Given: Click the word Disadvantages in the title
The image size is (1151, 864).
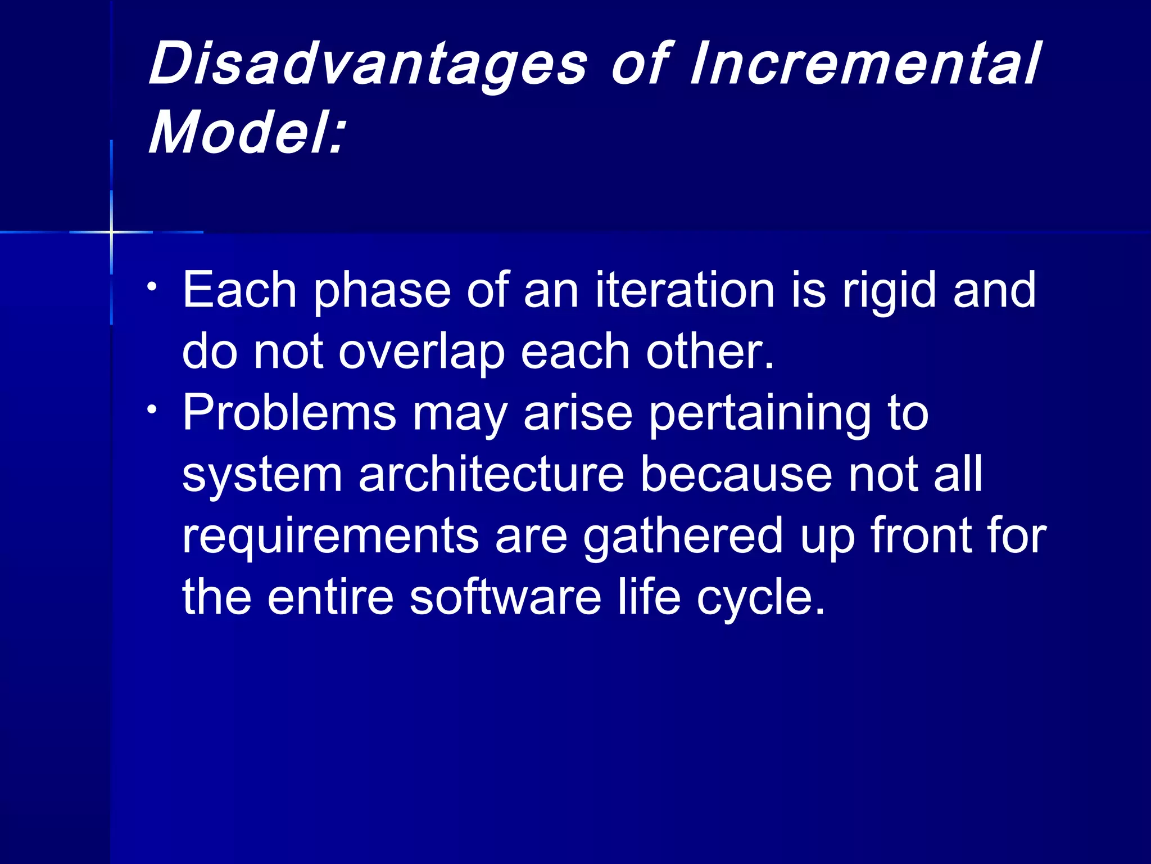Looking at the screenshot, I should [x=368, y=65].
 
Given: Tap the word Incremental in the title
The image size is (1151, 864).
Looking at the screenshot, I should [x=865, y=65].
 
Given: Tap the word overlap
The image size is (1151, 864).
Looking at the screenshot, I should [x=422, y=353].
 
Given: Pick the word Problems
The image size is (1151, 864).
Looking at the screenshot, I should [x=289, y=413].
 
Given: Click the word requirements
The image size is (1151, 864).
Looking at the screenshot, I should [x=330, y=537].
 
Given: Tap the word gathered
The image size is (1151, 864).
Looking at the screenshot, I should [x=683, y=537].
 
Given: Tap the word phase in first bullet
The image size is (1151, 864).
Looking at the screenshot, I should [x=382, y=291].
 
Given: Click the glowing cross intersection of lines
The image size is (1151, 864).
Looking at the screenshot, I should [x=112, y=232].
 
